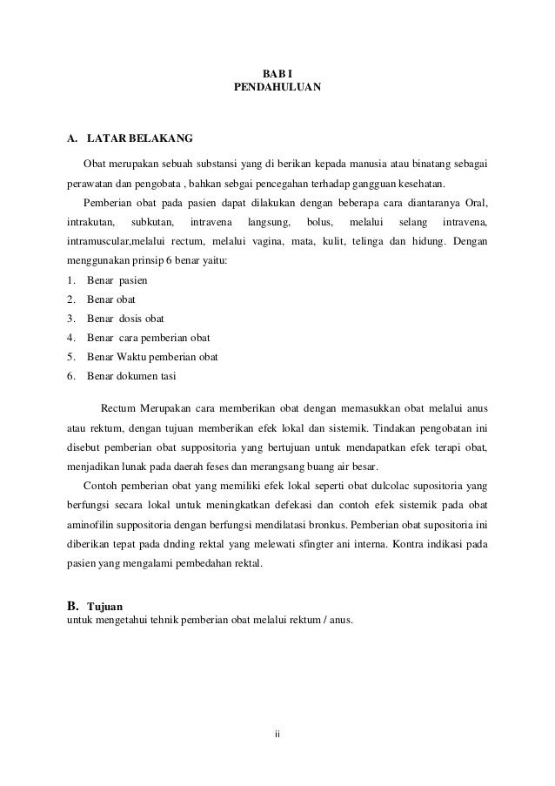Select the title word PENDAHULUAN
point(277,88)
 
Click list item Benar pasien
point(117,280)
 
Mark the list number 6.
point(70,376)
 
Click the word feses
point(246,466)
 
